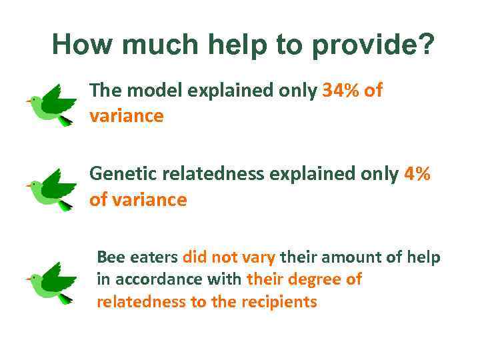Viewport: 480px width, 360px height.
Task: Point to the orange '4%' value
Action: click(417, 175)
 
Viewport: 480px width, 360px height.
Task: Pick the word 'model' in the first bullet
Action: click(157, 91)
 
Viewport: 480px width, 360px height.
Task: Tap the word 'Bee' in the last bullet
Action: click(109, 257)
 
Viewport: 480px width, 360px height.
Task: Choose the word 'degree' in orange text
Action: click(316, 279)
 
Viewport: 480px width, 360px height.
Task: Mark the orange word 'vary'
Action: click(259, 257)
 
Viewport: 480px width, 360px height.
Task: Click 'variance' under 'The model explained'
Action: click(126, 116)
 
